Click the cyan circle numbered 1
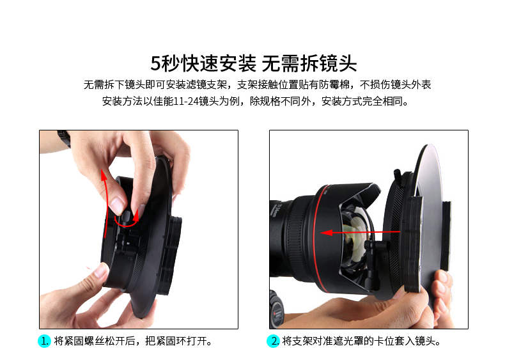point(44,341)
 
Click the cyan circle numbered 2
point(273,341)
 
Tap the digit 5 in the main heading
point(155,63)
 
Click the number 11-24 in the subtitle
point(186,101)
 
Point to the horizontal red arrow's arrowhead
point(326,232)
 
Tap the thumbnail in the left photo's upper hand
point(116,205)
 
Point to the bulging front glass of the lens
point(354,238)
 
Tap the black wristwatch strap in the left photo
point(64,139)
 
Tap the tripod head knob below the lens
point(277,309)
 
